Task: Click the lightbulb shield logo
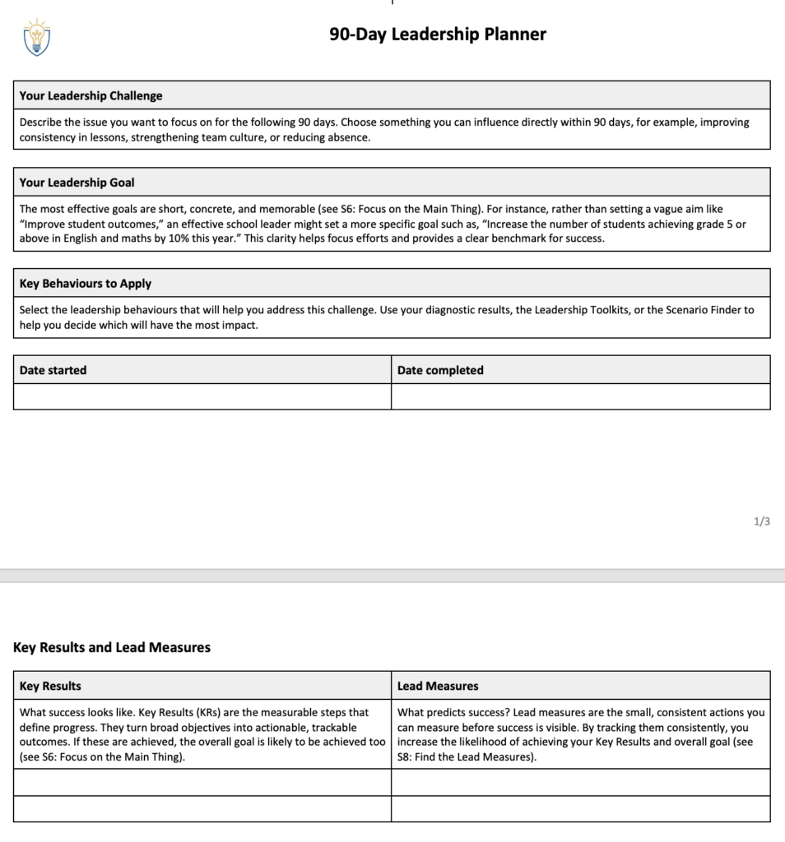click(x=37, y=37)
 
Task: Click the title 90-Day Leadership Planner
click(x=438, y=35)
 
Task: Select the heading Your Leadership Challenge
click(x=91, y=95)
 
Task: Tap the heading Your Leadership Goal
click(x=77, y=183)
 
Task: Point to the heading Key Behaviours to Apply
click(x=86, y=284)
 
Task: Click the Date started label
click(x=53, y=370)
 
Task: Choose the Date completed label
click(x=440, y=370)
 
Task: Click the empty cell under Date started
click(x=202, y=396)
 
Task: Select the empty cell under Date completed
click(x=580, y=396)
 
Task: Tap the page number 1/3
click(x=762, y=521)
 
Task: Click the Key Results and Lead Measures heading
click(x=112, y=647)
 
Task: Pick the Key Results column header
click(x=50, y=686)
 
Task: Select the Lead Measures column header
click(x=438, y=686)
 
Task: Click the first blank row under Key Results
click(x=202, y=782)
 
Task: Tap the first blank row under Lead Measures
click(x=580, y=782)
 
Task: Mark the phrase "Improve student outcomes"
click(x=85, y=224)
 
